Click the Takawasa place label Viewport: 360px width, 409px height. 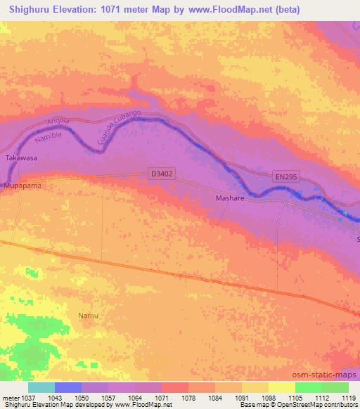coord(20,159)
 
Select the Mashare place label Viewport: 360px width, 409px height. coord(229,199)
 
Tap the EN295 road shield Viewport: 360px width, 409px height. coord(285,178)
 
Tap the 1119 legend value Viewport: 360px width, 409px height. coord(340,398)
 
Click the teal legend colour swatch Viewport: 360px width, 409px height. coord(41,387)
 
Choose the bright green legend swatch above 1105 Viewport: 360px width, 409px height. coord(308,387)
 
